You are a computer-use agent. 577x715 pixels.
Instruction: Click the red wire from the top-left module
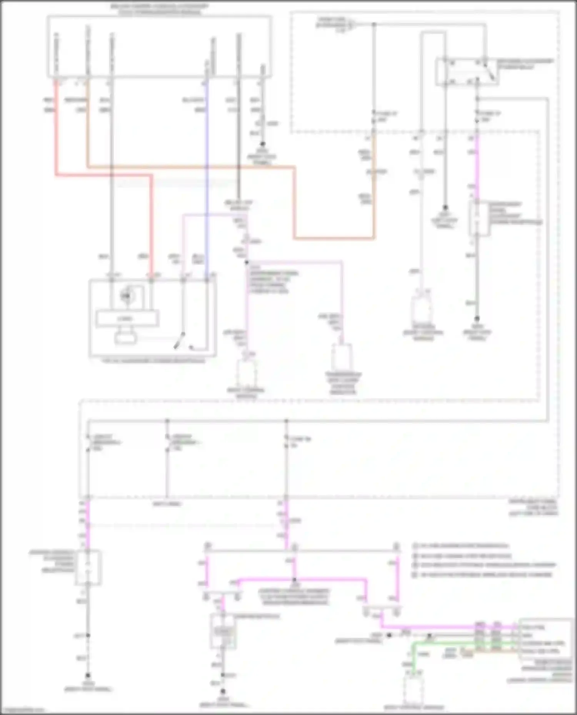coord(56,134)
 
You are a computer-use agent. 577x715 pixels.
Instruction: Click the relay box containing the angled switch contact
coord(467,72)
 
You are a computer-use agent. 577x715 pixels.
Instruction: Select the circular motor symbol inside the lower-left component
coord(126,295)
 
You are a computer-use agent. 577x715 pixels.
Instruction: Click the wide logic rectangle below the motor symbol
coord(127,319)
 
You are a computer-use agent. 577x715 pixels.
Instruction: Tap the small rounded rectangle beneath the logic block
coord(126,338)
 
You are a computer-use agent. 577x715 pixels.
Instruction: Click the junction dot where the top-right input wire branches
coord(374,25)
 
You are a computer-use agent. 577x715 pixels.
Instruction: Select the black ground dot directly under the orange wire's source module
coord(262,144)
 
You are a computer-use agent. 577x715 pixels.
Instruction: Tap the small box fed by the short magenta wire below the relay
coord(479,218)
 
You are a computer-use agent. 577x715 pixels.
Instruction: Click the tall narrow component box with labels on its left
coord(88,567)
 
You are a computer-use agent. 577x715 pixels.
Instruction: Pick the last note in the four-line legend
coord(483,575)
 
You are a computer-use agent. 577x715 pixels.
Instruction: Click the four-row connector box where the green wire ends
coord(545,639)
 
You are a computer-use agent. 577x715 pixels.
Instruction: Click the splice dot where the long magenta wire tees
coord(294,579)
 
